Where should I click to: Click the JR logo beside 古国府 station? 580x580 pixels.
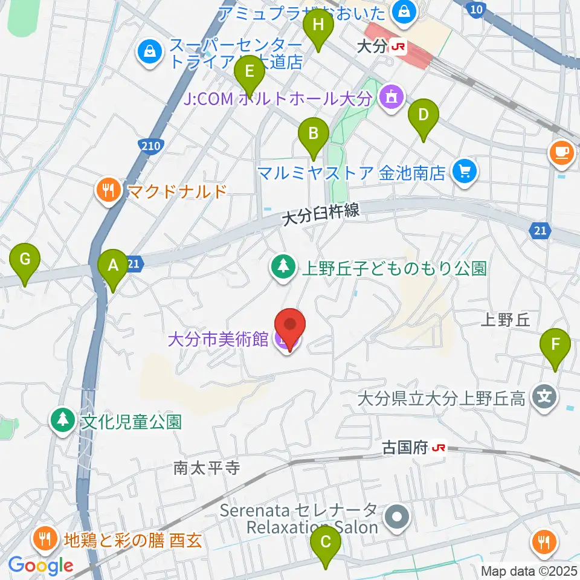[x=439, y=448]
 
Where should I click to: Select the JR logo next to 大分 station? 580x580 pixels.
[x=398, y=46]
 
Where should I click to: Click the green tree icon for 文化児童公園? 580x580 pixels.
[x=62, y=420]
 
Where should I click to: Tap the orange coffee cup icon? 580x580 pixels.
[x=562, y=152]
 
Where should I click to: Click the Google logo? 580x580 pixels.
[x=40, y=565]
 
